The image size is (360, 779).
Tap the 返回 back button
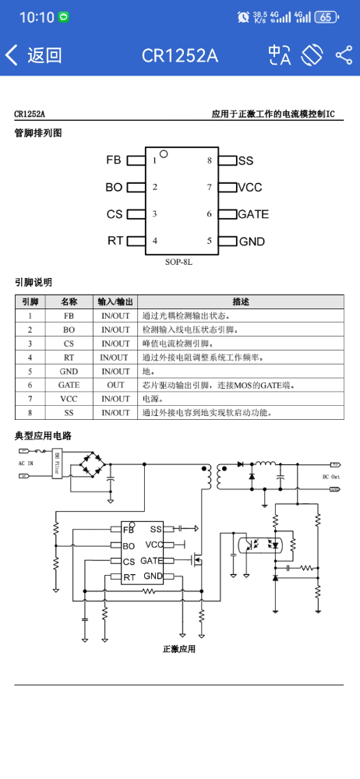point(34,55)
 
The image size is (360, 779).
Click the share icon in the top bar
point(344,55)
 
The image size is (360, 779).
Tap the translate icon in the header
point(279,55)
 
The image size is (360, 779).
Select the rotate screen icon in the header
point(312,55)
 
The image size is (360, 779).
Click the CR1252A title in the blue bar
point(179,55)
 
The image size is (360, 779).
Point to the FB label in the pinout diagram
point(114,160)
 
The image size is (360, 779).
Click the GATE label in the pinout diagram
point(253,214)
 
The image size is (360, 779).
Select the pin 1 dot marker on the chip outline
point(164,153)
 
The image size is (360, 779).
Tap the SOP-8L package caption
point(178,263)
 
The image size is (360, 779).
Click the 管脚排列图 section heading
point(37,133)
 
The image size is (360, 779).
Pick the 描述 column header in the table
point(241,301)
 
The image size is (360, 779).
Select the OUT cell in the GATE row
point(115,386)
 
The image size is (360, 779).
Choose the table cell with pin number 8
point(30,413)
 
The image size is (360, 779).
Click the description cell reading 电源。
point(153,399)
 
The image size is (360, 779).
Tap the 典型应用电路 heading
point(43,435)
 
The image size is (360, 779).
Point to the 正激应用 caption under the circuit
point(179,649)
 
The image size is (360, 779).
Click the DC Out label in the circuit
point(330,476)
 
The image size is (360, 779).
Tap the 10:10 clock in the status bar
point(37,16)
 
